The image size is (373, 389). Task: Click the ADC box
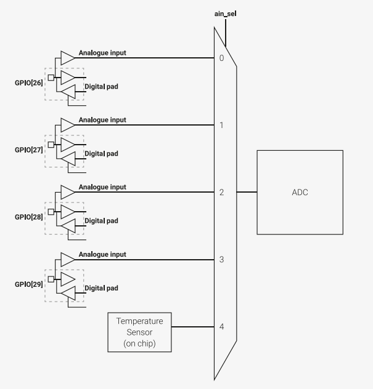[x=300, y=192]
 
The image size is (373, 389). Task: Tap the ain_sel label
[x=226, y=12]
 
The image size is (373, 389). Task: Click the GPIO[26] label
[x=28, y=82]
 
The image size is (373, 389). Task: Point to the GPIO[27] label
[x=28, y=150]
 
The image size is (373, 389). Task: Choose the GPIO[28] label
[x=28, y=217]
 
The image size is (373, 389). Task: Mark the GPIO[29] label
[x=28, y=284]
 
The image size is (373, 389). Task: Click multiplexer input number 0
[x=221, y=58]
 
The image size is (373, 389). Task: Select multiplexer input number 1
[x=221, y=126]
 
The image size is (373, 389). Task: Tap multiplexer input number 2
[x=221, y=193]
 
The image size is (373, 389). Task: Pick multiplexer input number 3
[x=221, y=260]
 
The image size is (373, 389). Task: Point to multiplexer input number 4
[x=221, y=327]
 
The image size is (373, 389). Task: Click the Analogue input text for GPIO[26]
[x=102, y=53]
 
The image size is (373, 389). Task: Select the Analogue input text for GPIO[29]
[x=102, y=254]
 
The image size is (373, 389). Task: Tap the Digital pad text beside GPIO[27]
[x=101, y=154]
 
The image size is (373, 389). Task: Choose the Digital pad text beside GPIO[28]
[x=101, y=221]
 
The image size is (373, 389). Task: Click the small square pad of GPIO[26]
[x=51, y=78]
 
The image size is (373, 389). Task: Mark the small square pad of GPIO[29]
[x=51, y=279]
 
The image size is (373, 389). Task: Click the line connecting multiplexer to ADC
[x=247, y=192]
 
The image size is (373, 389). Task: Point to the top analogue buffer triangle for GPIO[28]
[x=67, y=193]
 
